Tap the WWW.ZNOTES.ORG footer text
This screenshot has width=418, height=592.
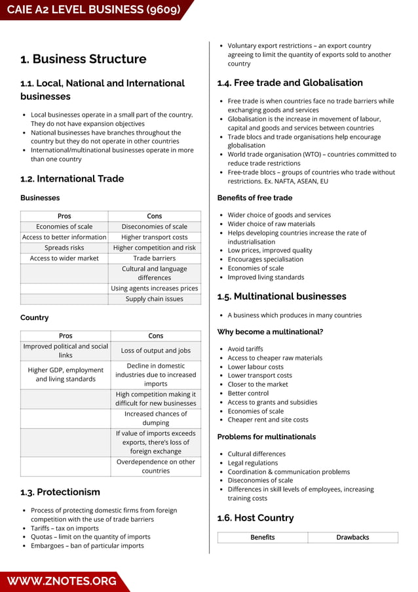click(62, 581)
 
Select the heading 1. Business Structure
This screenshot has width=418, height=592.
click(83, 59)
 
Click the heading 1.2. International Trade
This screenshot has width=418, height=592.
click(72, 178)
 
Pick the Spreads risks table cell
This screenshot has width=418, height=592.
click(64, 248)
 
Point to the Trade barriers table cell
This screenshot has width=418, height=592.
click(155, 258)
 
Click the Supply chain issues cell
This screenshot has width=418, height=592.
click(155, 299)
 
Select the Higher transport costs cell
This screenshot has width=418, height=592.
click(155, 237)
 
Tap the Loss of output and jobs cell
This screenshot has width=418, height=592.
click(156, 351)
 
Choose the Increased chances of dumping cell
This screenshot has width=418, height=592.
click(156, 418)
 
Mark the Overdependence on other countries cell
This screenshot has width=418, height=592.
click(156, 466)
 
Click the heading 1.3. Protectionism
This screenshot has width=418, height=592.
click(60, 492)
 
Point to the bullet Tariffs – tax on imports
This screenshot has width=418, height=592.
click(64, 528)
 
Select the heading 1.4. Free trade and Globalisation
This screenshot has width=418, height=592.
click(290, 83)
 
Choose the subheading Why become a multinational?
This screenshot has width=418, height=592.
click(270, 332)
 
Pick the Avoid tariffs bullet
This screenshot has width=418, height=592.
click(245, 349)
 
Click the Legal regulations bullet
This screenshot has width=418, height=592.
click(252, 463)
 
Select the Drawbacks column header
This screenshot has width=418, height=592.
click(352, 538)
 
